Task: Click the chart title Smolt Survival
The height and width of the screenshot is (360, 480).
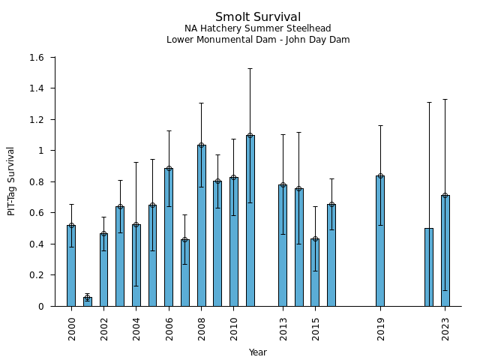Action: coord(258,17)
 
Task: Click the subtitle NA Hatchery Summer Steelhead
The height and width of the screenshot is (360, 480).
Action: coord(258,28)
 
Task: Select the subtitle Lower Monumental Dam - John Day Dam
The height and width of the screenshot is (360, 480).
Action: coord(258,40)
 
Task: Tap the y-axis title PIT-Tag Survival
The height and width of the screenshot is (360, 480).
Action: coord(11,181)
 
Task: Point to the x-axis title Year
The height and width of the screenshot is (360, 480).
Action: coord(258,352)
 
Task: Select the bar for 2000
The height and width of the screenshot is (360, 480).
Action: coord(71,266)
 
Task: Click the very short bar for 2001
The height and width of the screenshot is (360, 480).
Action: coord(88,301)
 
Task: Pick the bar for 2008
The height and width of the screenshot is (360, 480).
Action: coord(202,225)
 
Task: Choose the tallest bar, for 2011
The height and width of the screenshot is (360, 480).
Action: coord(250,221)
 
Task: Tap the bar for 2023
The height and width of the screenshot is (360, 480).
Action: coord(445,251)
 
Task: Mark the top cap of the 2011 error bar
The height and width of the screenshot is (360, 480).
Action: coord(250,68)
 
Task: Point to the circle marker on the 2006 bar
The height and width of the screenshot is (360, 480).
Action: coord(169,169)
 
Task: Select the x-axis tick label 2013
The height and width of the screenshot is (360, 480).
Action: coord(283,328)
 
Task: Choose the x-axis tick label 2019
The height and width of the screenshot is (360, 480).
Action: coord(380,328)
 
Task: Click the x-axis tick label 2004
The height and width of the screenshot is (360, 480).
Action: coord(136,328)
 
